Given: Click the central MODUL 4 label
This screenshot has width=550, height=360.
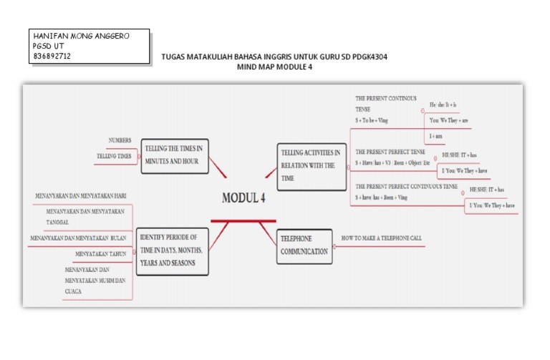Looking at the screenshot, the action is pyautogui.click(x=243, y=198).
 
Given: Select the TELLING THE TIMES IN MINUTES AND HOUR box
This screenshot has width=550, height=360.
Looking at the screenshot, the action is pyautogui.click(x=175, y=155).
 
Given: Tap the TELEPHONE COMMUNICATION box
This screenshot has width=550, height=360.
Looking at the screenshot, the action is pyautogui.click(x=304, y=245).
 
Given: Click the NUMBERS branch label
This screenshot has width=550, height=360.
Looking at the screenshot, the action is pyautogui.click(x=120, y=140).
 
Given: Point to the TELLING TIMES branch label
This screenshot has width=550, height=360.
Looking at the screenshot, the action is pyautogui.click(x=114, y=155).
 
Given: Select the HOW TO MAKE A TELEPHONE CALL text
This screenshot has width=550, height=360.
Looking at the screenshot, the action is pyautogui.click(x=382, y=236).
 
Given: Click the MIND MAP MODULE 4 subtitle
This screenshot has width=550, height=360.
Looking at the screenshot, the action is pyautogui.click(x=274, y=67).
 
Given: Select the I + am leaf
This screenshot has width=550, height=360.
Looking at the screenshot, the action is pyautogui.click(x=435, y=135).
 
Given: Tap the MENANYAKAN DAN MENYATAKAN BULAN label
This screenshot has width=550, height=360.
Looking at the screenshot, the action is pyautogui.click(x=78, y=238).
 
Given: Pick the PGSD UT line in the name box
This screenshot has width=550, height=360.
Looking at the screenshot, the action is pyautogui.click(x=48, y=45).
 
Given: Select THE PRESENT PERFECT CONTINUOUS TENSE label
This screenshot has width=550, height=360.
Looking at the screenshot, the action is pyautogui.click(x=406, y=187).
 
